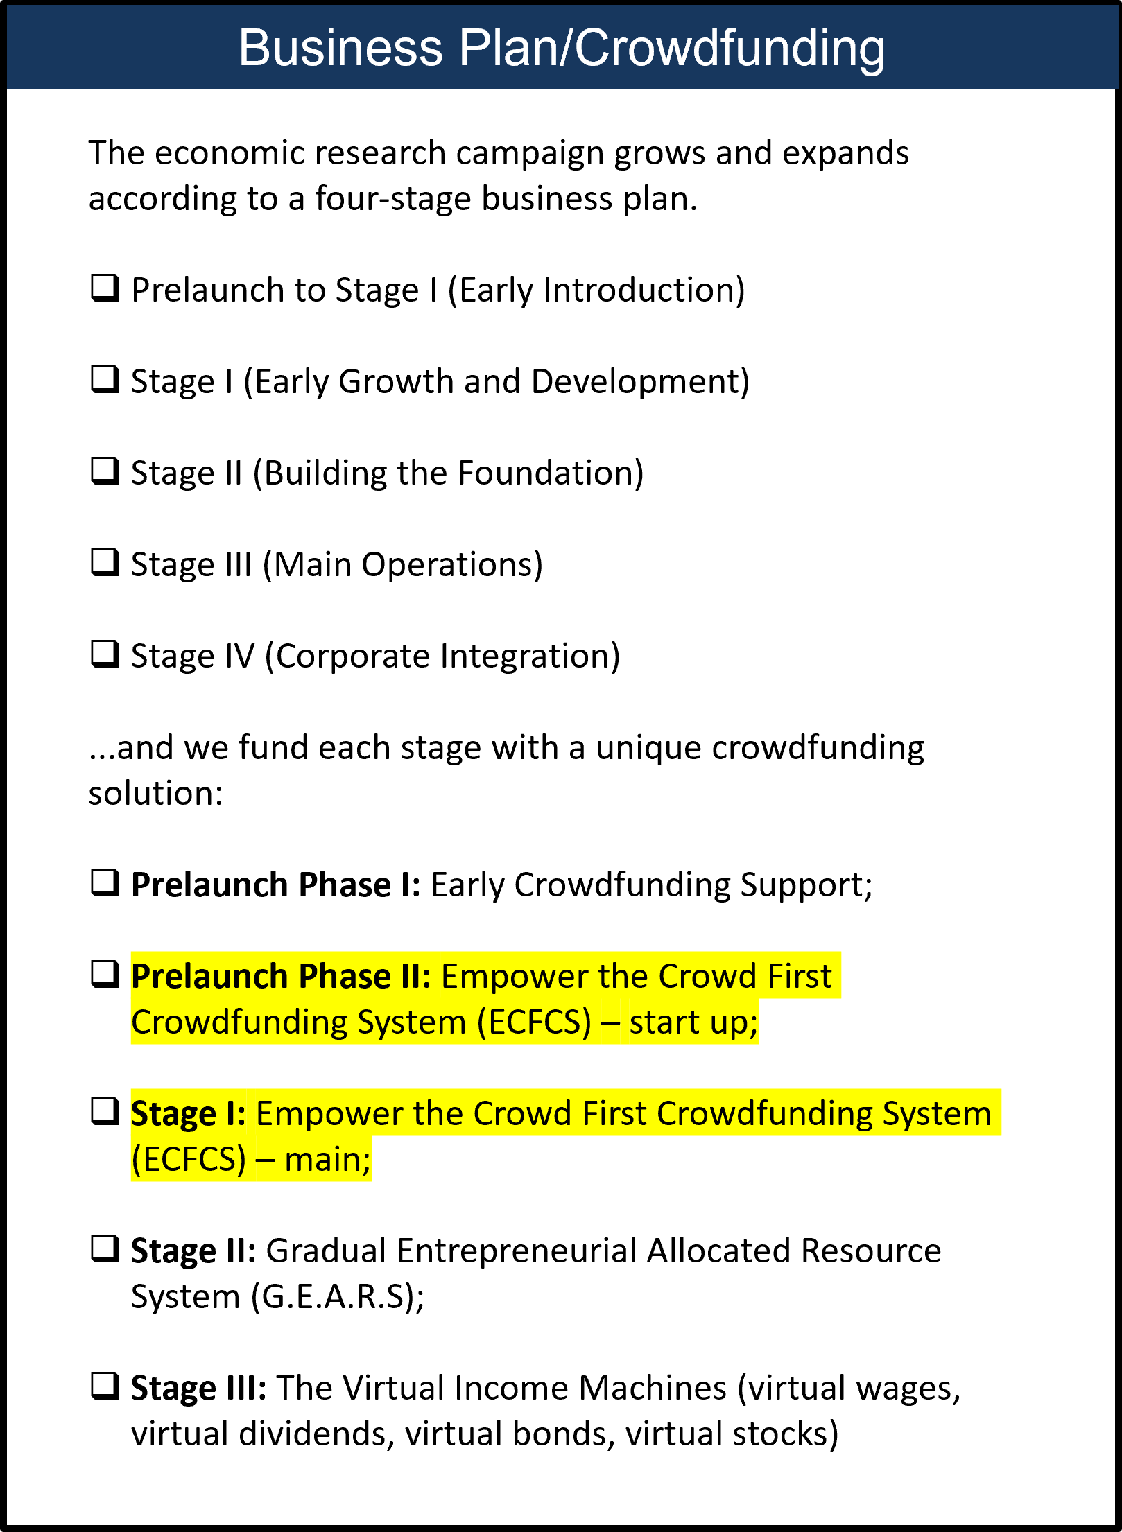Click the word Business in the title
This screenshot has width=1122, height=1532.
click(x=340, y=48)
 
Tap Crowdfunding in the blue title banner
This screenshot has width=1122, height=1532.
click(x=730, y=48)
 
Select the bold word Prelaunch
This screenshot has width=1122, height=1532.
click(x=209, y=976)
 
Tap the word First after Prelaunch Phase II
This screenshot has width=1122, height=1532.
click(x=799, y=976)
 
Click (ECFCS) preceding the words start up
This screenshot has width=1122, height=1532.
click(x=534, y=1022)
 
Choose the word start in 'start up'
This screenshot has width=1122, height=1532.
click(x=664, y=1022)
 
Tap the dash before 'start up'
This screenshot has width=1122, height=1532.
click(x=610, y=1022)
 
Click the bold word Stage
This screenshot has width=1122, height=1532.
click(x=173, y=1113)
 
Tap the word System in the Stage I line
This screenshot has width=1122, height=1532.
click(x=936, y=1113)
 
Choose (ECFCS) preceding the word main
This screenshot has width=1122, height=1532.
click(x=189, y=1159)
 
